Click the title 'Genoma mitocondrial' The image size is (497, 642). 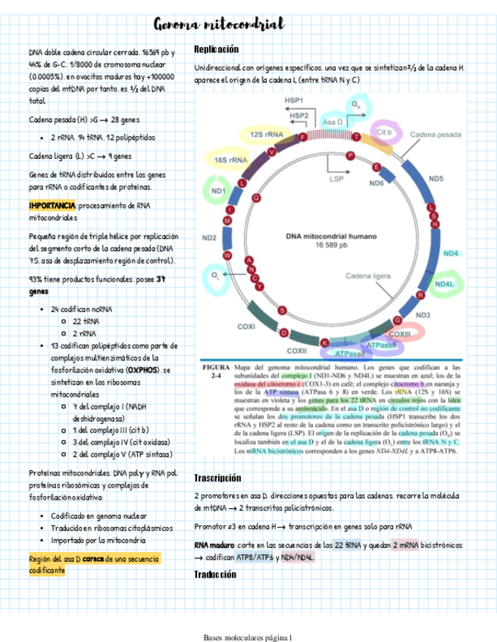[218, 25]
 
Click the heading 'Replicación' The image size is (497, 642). [216, 49]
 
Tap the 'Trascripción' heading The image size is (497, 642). [217, 478]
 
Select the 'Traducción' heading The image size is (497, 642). [216, 575]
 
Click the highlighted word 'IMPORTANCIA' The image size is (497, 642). [52, 206]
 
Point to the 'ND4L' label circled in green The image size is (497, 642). [444, 284]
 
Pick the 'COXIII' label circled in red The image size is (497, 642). [399, 334]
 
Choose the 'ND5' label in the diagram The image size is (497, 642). [436, 179]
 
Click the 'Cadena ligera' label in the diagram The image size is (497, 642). [370, 276]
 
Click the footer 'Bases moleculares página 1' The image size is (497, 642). [248, 637]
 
